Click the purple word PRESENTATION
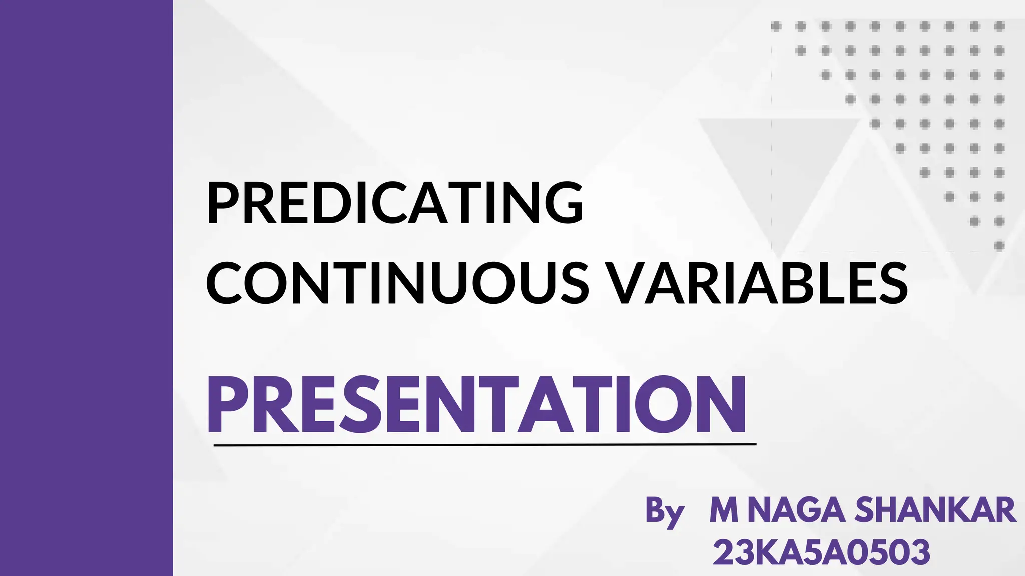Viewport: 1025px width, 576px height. click(x=476, y=405)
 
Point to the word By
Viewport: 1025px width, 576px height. click(x=664, y=511)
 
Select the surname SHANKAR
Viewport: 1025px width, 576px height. click(x=935, y=510)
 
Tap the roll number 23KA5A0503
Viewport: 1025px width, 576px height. click(x=821, y=552)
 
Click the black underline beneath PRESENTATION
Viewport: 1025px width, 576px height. click(x=484, y=444)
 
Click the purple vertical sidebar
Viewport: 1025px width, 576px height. click(x=86, y=288)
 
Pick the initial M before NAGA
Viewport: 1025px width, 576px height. click(x=724, y=510)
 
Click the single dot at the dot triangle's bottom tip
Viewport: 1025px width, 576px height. click(x=999, y=245)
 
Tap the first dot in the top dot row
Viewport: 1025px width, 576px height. click(x=776, y=26)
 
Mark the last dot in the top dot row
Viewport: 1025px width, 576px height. click(x=999, y=26)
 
